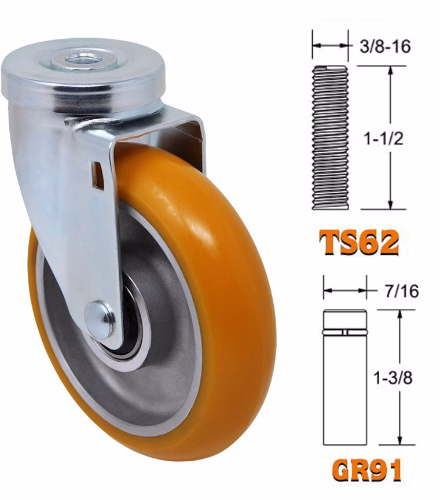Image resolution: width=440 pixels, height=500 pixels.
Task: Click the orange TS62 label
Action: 359,242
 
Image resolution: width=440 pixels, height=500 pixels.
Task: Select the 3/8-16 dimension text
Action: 385,46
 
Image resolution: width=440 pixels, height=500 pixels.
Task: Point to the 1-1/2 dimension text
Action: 384,138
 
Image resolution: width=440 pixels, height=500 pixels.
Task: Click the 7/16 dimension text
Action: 402,291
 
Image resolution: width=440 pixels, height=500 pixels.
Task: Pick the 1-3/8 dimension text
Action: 393,378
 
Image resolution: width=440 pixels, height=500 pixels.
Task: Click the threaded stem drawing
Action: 330,137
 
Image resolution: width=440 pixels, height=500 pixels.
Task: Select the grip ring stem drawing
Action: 345,377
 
